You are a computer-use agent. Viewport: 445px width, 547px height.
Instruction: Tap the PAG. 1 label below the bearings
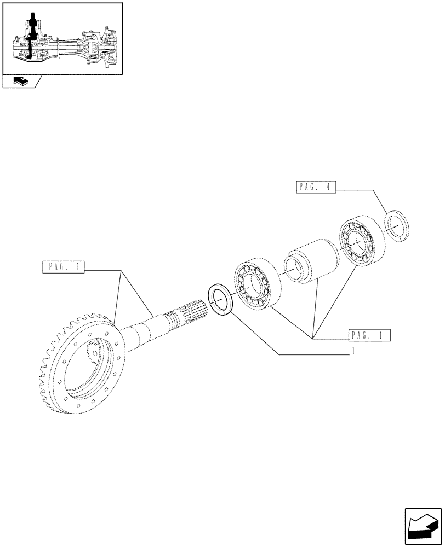click(x=369, y=335)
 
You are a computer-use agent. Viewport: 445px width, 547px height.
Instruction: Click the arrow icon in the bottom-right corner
click(x=423, y=526)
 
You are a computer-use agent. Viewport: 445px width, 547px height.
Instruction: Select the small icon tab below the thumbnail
click(x=21, y=82)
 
